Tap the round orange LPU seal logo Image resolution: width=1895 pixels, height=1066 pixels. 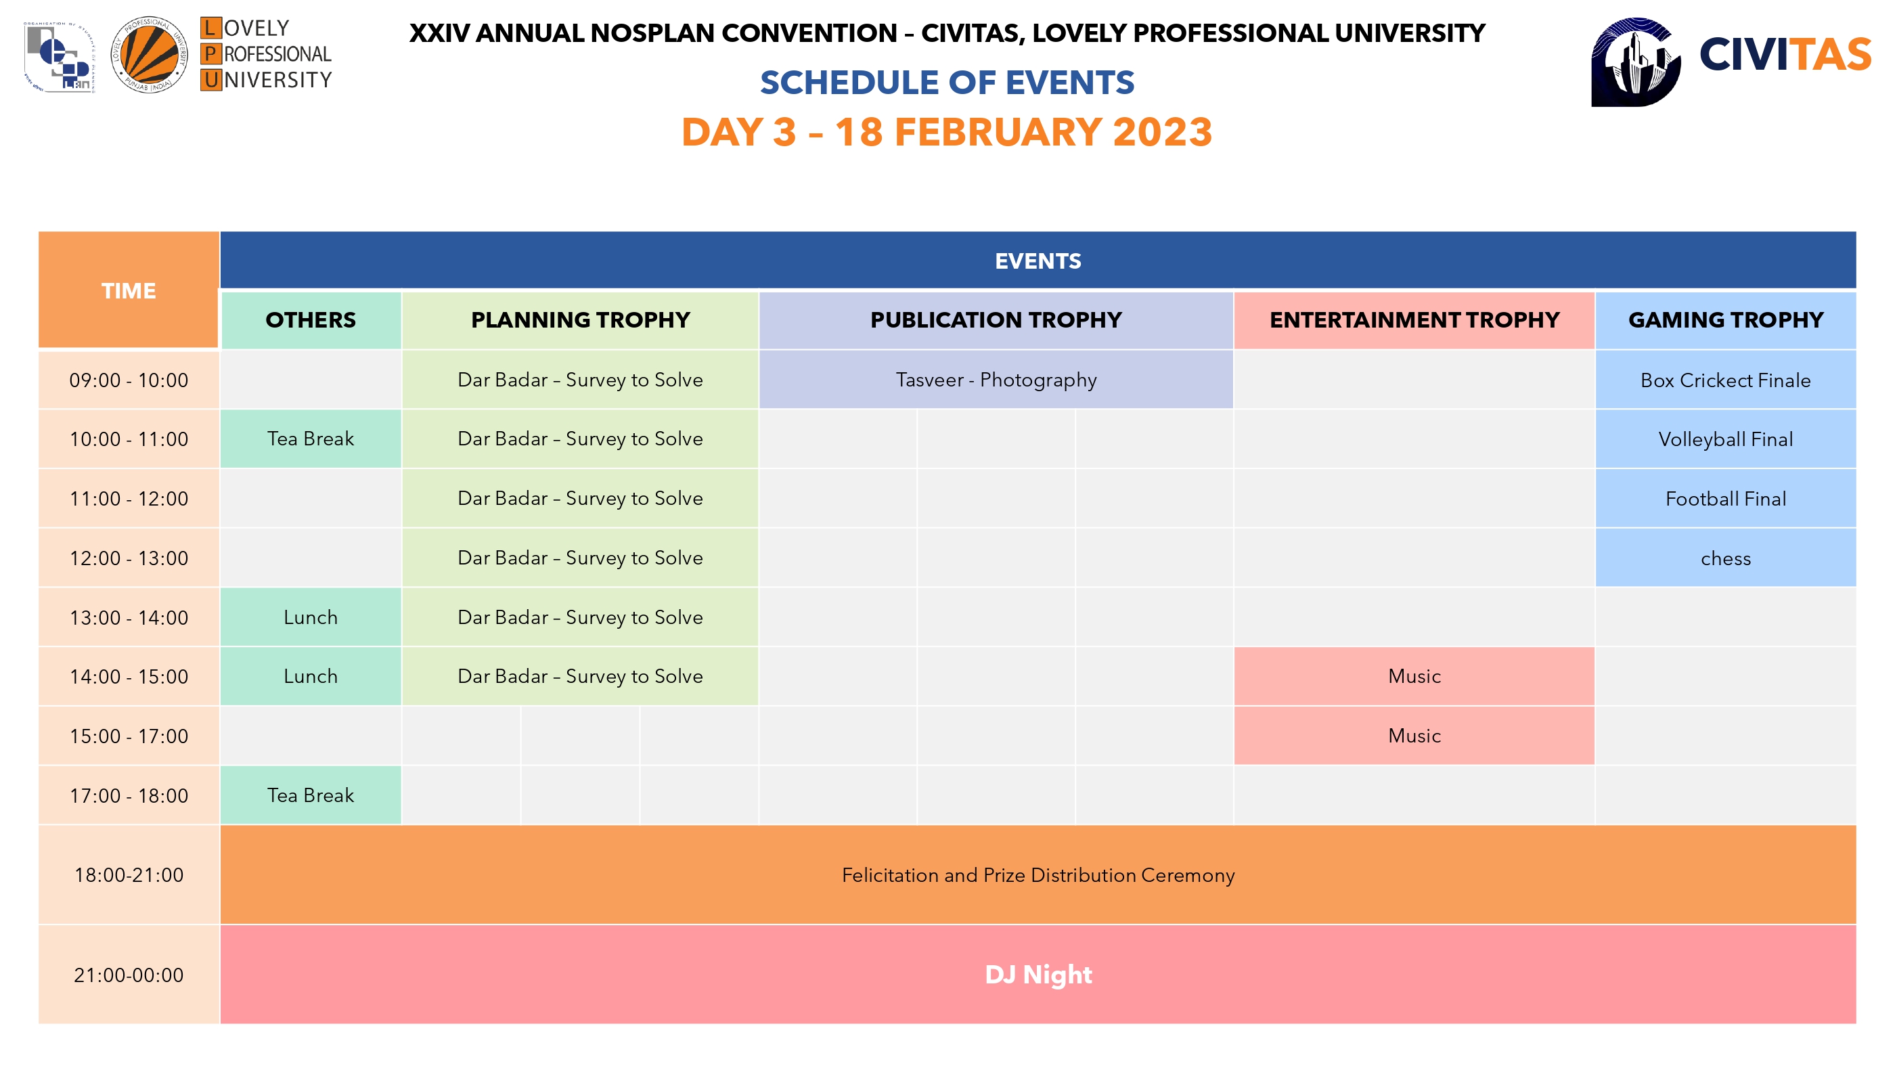click(x=150, y=54)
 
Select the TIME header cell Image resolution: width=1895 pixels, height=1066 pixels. click(x=129, y=290)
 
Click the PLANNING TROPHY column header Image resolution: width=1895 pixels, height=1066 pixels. click(x=581, y=320)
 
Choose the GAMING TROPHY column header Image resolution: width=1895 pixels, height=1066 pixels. click(x=1726, y=320)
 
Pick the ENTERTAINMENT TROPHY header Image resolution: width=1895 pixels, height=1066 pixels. click(x=1414, y=320)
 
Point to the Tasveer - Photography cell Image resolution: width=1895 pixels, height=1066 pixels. click(x=996, y=380)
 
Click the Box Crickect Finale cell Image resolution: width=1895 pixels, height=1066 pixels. click(x=1726, y=380)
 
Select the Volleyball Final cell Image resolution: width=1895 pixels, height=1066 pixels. click(x=1726, y=439)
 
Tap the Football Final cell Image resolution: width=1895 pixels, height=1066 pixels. click(x=1726, y=499)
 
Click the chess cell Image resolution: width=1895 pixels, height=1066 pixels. click(x=1726, y=558)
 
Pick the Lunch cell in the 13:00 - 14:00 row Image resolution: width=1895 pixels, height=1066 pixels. click(x=311, y=617)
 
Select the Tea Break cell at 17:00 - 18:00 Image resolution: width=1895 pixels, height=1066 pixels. click(x=311, y=795)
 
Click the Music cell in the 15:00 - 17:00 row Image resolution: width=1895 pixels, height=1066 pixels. click(x=1414, y=736)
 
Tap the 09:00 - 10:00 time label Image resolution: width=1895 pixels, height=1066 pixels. click(x=129, y=380)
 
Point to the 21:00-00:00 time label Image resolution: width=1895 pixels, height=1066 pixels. click(x=129, y=975)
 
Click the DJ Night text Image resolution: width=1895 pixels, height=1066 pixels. click(x=1038, y=974)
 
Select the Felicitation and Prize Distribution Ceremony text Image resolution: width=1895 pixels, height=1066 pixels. click(x=1038, y=874)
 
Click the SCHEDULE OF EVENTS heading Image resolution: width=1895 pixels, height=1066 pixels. click(x=947, y=83)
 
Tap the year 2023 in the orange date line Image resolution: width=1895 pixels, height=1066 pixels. click(x=1162, y=133)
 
